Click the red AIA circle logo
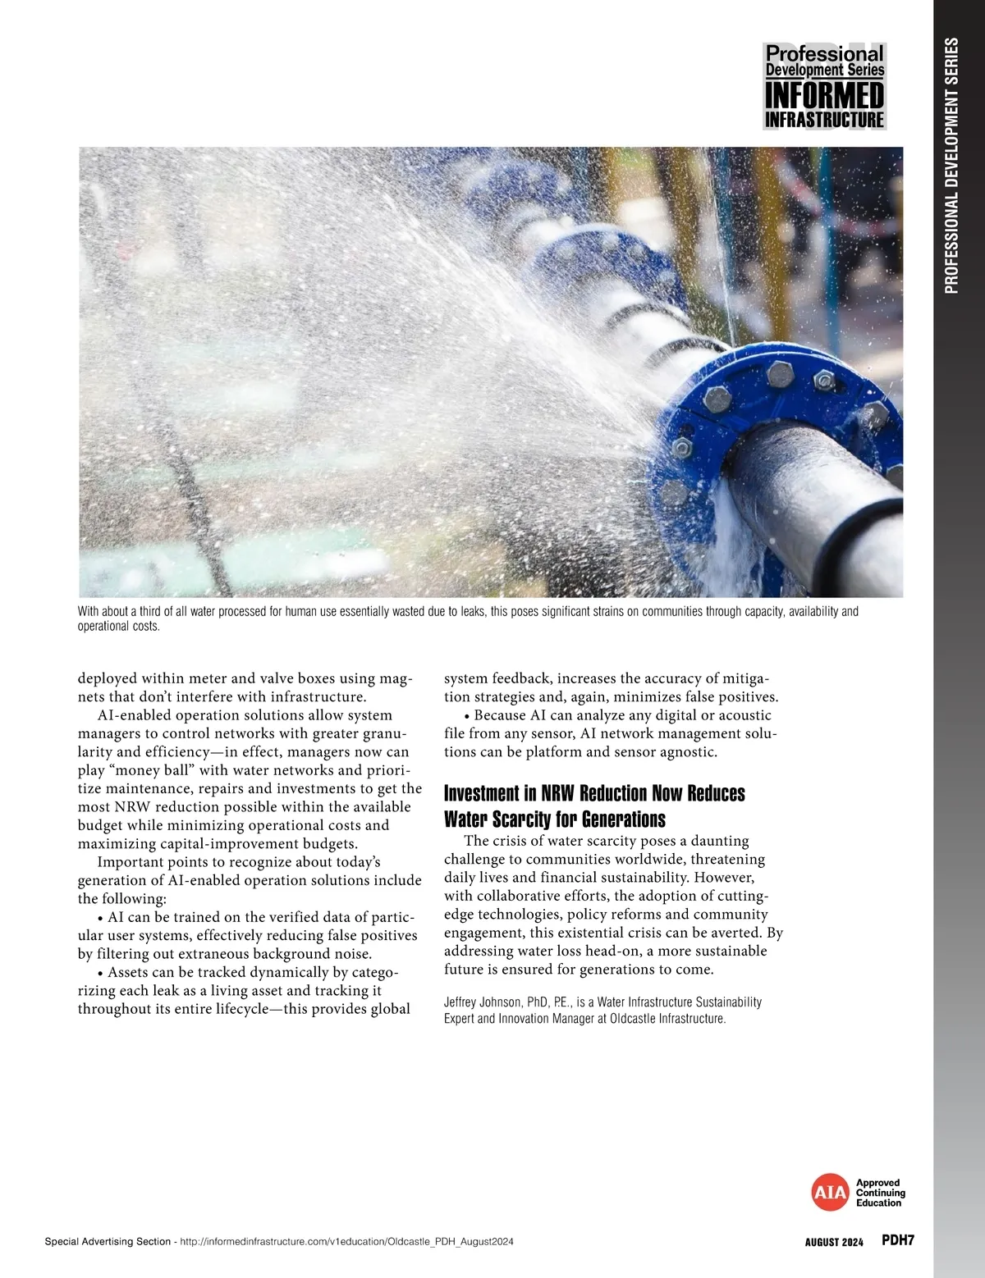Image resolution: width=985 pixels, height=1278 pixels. coord(829,1193)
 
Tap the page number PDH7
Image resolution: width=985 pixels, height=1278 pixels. coord(897,1240)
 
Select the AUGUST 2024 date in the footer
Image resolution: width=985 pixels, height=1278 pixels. coord(834,1242)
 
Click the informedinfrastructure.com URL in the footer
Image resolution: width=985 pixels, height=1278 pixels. coord(346,1242)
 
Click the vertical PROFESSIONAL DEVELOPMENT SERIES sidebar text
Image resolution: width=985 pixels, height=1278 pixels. coord(952,164)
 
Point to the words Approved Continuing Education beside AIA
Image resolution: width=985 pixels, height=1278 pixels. coord(880,1193)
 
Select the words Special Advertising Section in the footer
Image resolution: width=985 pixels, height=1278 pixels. coord(108,1242)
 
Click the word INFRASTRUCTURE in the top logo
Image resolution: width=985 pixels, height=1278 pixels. coord(824,120)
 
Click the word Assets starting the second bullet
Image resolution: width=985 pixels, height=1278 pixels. coord(128,972)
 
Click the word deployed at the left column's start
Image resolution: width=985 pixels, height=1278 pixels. coord(106,678)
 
